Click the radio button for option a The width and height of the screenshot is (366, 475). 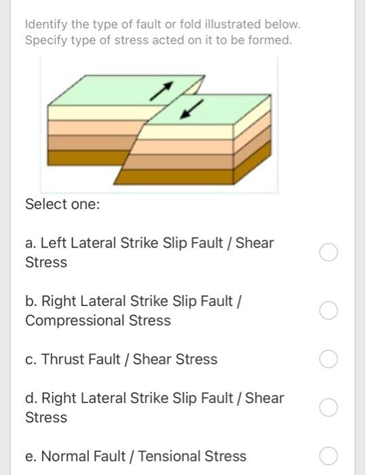tap(328, 253)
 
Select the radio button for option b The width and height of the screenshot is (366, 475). tap(328, 311)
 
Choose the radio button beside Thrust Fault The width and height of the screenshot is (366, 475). tap(328, 359)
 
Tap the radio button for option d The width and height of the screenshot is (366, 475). tap(328, 408)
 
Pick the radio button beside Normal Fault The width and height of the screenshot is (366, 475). tap(328, 456)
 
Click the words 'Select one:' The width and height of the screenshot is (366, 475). tap(62, 204)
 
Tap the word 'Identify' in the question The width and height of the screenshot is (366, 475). tap(45, 25)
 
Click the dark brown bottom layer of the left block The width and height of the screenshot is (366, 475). tap(81, 157)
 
